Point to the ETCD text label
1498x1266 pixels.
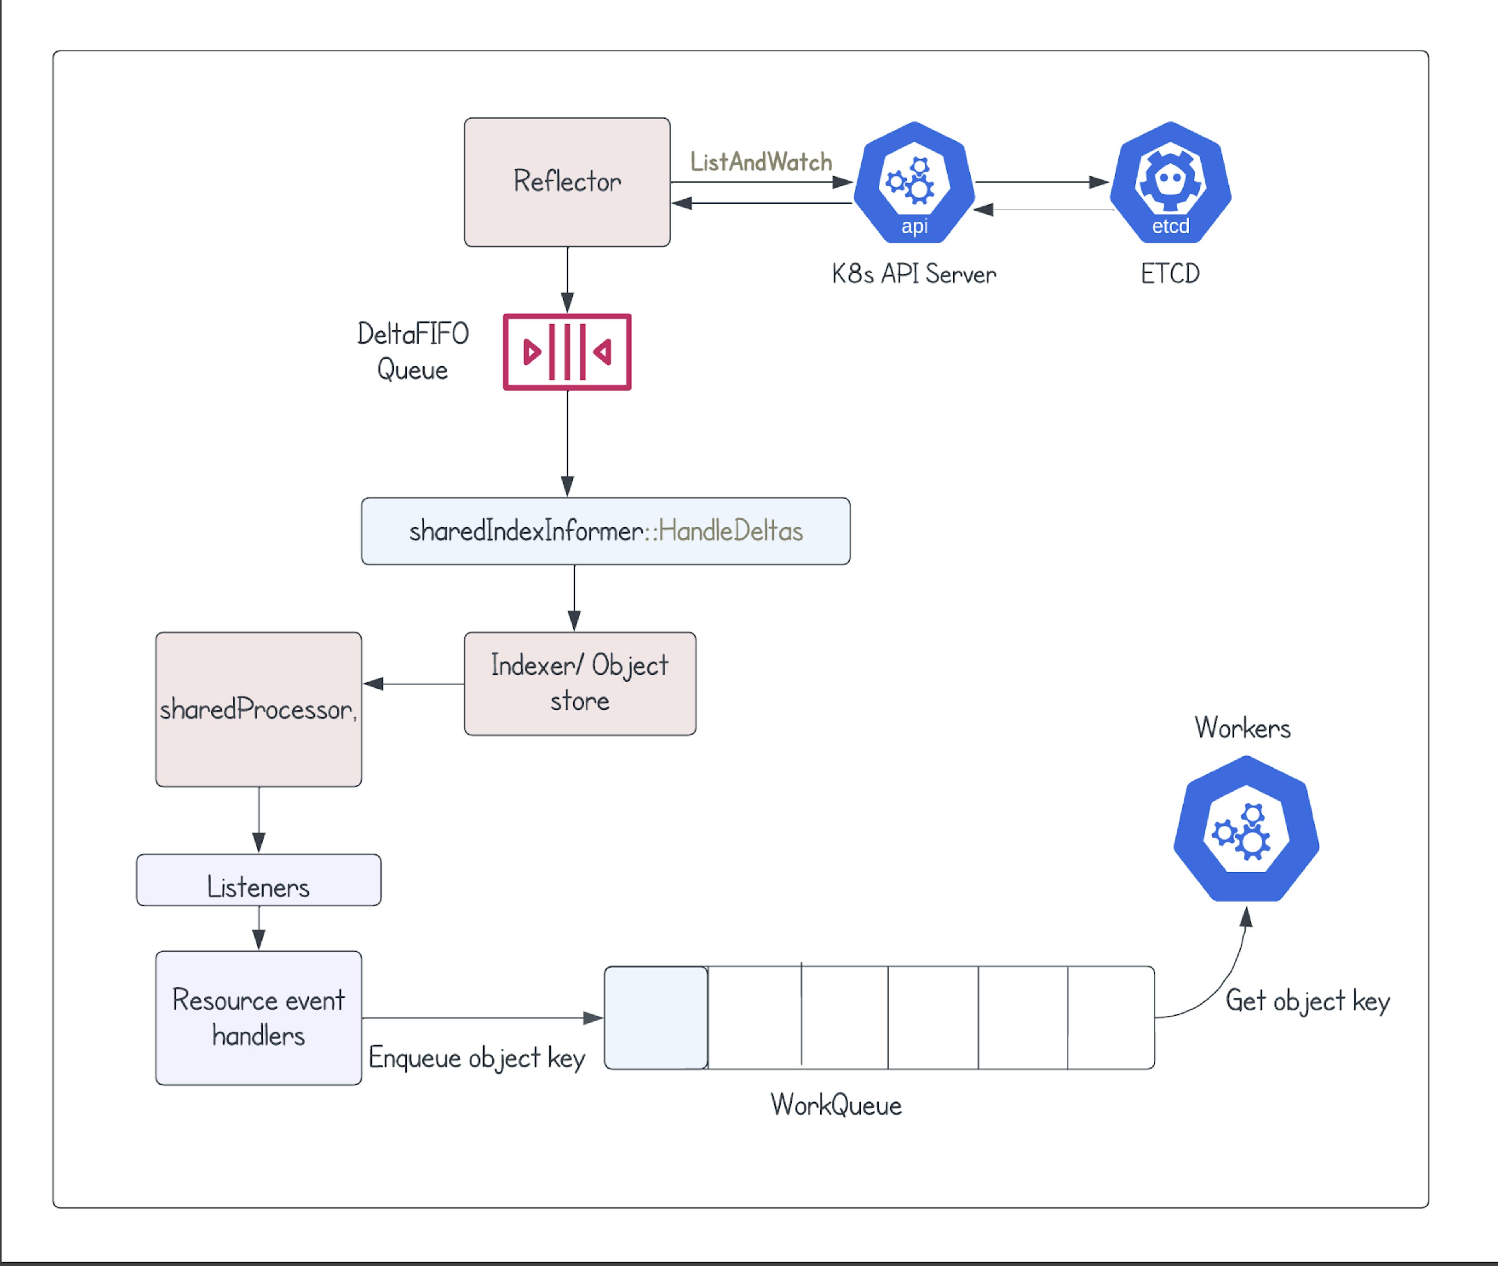[x=1170, y=273]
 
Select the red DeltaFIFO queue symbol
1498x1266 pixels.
[x=567, y=352]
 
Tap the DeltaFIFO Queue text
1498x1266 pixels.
[x=412, y=352]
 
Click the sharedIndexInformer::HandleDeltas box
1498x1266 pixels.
[x=605, y=531]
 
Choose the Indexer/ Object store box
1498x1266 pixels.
[x=580, y=683]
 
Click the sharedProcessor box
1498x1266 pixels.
[x=258, y=709]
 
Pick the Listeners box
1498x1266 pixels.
[x=258, y=880]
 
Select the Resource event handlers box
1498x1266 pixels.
[x=258, y=1018]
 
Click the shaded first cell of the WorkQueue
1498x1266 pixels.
[x=656, y=1018]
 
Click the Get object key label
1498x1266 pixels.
[x=1307, y=1000]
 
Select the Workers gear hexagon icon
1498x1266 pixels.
[x=1246, y=829]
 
